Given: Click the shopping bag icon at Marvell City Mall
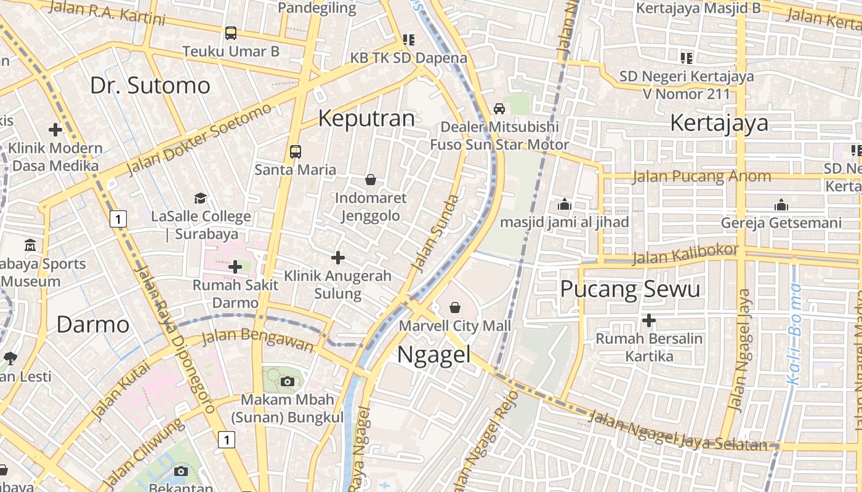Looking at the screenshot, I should point(455,307).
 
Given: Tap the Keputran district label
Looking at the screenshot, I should point(366,118).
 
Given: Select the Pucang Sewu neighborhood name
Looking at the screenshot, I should point(630,288).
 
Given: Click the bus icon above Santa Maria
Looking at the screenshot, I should point(296,151).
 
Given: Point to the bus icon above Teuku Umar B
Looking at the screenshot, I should point(231,33).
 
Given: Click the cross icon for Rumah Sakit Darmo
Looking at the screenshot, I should point(235,267).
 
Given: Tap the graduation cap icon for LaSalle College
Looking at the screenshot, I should point(201,198).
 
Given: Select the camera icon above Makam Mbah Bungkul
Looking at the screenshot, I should point(287,381).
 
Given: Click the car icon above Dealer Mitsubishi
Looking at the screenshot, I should point(499,109).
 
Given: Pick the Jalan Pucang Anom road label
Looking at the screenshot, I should point(701,177).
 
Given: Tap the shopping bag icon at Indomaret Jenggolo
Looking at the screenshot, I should point(371,180).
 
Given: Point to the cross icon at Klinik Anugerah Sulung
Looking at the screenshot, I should point(338,258).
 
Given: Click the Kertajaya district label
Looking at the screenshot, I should point(719,123).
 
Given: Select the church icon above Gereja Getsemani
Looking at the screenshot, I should point(781,205).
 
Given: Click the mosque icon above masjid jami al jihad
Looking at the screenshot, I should point(564,204).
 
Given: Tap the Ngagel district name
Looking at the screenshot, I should point(433,355).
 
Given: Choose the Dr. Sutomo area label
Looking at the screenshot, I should point(150,85).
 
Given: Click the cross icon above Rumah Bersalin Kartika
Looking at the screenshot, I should point(648,320).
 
